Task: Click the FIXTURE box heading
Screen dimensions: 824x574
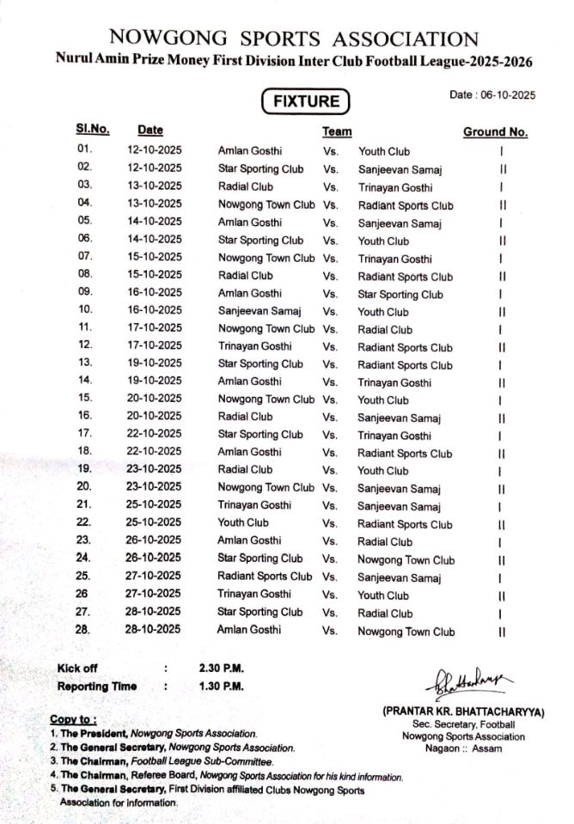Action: click(x=306, y=101)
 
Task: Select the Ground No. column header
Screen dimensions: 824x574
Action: click(x=495, y=132)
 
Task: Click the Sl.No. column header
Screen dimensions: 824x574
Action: click(x=93, y=130)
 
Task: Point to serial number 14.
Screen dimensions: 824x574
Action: click(x=84, y=380)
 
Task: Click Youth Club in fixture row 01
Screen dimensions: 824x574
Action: click(x=384, y=151)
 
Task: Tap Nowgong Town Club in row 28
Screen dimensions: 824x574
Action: click(x=406, y=632)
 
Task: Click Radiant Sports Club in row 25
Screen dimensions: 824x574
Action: click(x=265, y=577)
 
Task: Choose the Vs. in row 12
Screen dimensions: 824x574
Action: click(x=330, y=347)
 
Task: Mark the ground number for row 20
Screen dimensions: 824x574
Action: click(x=502, y=489)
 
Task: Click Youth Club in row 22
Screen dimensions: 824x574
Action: click(x=243, y=522)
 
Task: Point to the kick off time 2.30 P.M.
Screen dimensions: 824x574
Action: click(x=221, y=668)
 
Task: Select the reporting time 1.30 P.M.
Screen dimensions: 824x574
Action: click(x=221, y=687)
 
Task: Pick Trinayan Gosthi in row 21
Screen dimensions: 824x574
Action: click(x=254, y=505)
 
